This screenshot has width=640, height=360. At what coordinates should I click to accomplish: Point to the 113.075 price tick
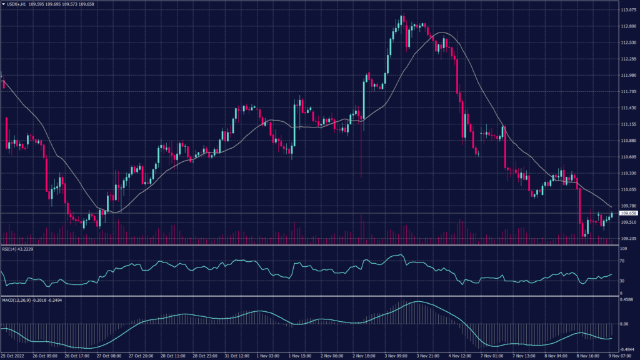[628, 10]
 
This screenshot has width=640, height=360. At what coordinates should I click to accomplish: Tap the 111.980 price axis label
[628, 76]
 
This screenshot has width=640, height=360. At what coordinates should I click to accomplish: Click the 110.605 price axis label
[628, 157]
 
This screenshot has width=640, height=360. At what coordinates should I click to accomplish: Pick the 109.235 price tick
[628, 238]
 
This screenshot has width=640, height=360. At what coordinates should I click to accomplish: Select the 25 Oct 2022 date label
[14, 356]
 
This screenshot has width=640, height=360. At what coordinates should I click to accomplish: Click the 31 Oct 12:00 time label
[236, 356]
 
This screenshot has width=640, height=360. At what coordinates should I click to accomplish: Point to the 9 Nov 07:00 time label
[624, 356]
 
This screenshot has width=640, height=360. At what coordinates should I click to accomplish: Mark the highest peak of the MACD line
[417, 302]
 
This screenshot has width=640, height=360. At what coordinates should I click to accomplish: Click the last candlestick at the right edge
[611, 215]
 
